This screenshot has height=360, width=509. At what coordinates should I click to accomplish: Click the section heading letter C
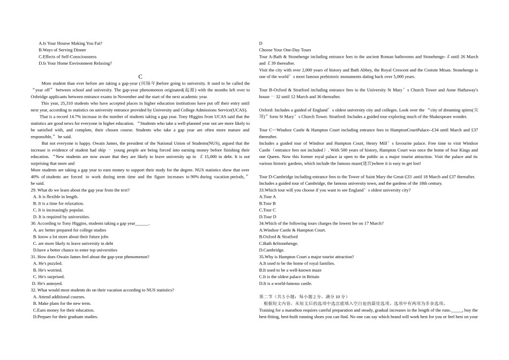(140, 77)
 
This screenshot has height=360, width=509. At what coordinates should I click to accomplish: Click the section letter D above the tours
(261, 43)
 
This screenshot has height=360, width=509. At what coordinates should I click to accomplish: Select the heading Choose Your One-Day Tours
(285, 50)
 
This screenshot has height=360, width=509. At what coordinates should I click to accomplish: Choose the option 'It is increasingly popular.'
(59, 210)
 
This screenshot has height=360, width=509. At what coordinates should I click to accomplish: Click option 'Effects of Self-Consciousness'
(68, 56)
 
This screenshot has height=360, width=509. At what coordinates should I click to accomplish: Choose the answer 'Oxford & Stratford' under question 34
(278, 236)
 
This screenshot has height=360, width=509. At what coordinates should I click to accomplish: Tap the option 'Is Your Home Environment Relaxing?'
(75, 63)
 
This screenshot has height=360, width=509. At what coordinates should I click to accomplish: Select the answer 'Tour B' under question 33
(267, 204)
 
